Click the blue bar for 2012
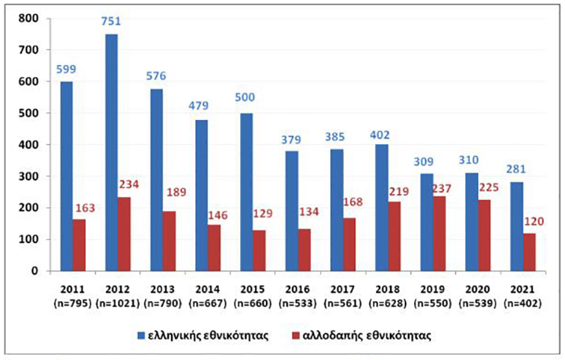111,153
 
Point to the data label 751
111,22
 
